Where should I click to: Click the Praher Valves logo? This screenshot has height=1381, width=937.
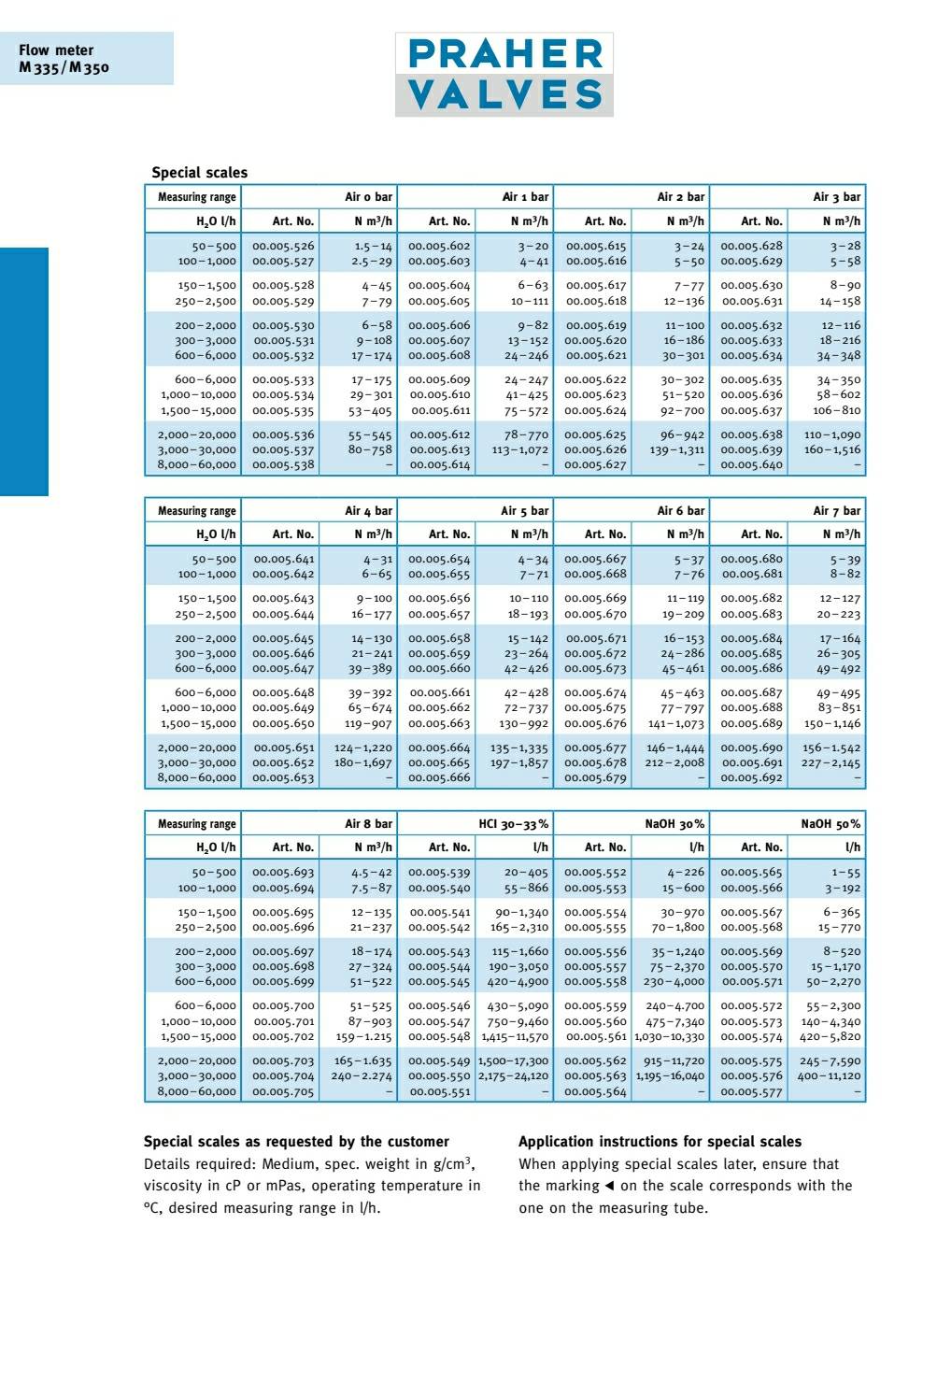504,75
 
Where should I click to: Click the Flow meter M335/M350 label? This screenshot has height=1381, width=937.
64,58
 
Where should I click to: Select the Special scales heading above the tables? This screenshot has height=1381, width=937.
199,173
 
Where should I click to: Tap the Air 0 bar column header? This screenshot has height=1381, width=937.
368,197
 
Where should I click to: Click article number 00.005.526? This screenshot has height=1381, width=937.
283,247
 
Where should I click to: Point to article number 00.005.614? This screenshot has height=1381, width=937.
439,465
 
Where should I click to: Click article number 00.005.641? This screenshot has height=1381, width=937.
283,560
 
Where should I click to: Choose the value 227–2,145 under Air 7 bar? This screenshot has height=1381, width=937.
831,763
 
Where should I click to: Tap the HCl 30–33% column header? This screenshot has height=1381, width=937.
514,824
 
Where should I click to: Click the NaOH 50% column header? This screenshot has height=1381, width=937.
831,824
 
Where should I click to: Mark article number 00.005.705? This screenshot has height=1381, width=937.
283,1092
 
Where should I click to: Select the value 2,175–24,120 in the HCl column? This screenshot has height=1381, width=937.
513,1076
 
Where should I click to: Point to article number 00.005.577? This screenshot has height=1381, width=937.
751,1092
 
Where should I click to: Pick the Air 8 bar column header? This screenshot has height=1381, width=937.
368,824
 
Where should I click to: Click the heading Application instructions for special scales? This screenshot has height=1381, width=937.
660,1142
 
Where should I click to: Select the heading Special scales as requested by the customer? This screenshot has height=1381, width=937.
296,1142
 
